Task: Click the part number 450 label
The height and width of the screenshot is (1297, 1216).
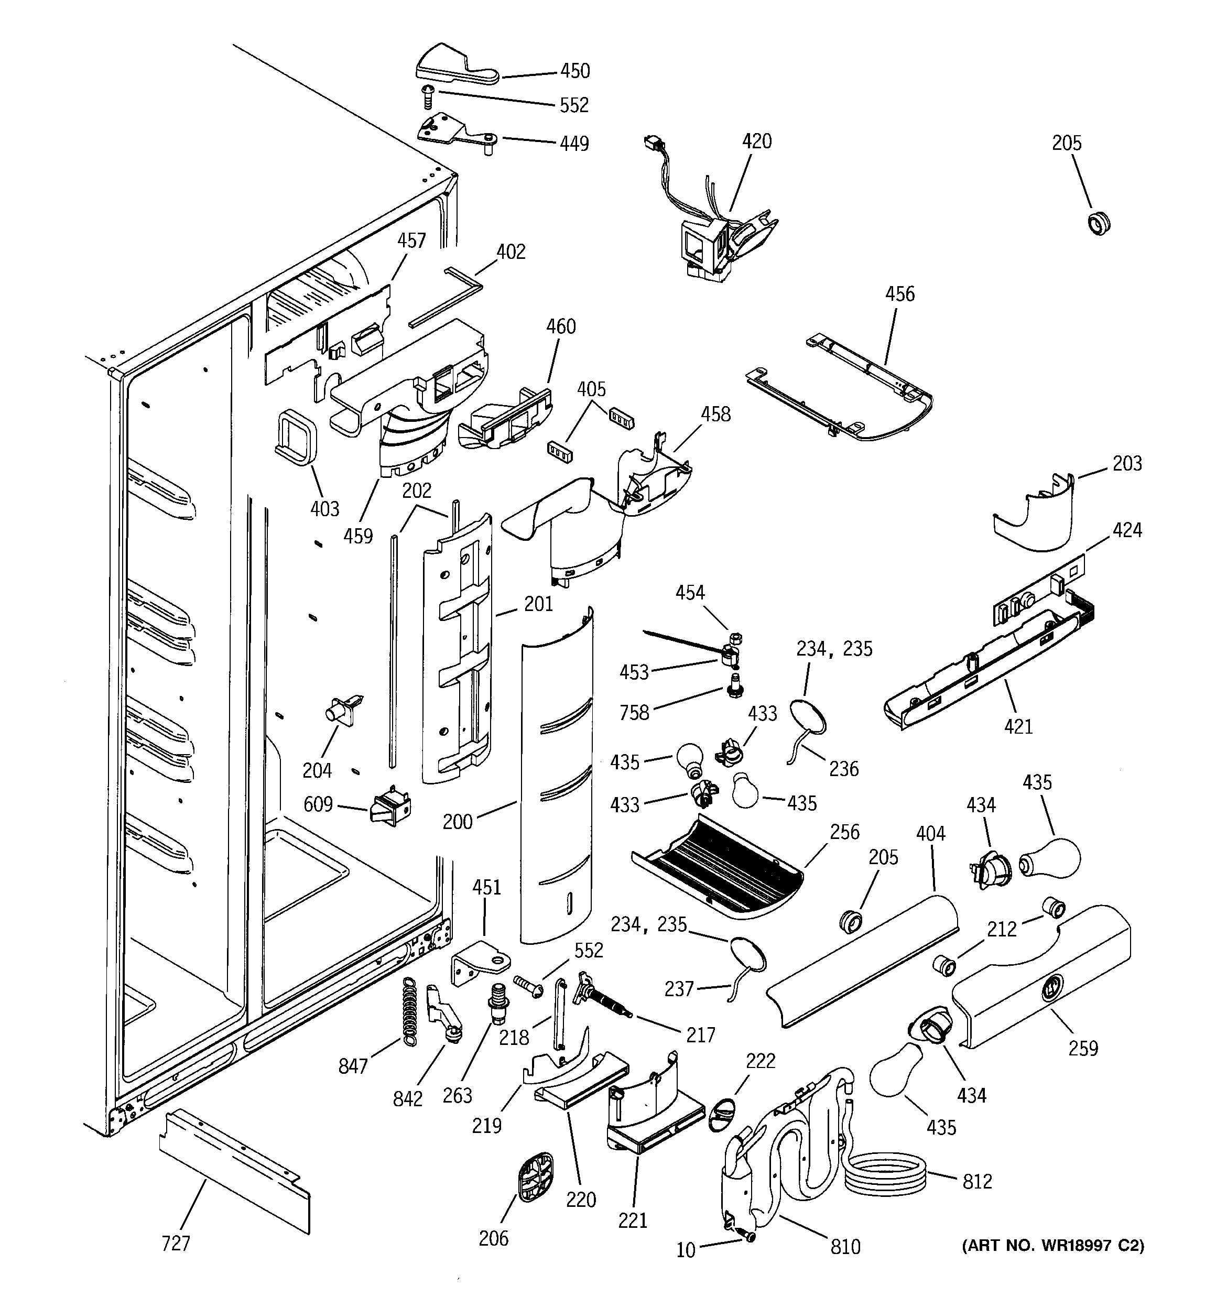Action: tap(574, 71)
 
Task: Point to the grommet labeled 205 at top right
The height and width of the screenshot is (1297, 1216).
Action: tap(1100, 223)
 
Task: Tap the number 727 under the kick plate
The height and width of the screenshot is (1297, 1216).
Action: tap(176, 1244)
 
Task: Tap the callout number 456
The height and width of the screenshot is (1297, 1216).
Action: tap(899, 294)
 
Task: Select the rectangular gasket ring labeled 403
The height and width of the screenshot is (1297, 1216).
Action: tap(296, 437)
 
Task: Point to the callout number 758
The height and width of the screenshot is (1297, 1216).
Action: tap(634, 713)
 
